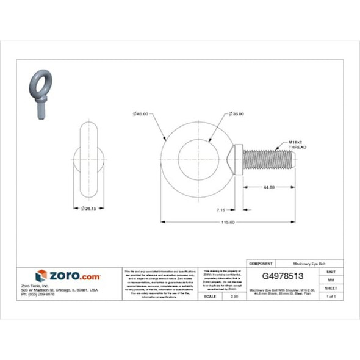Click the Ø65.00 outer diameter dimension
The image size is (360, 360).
(x=140, y=114)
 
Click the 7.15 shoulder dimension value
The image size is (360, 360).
(x=224, y=208)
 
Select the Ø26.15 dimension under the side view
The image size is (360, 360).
(x=90, y=209)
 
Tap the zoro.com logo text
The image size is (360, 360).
(x=74, y=275)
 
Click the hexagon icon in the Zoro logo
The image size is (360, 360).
(x=41, y=275)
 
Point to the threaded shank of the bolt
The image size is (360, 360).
(x=268, y=159)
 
